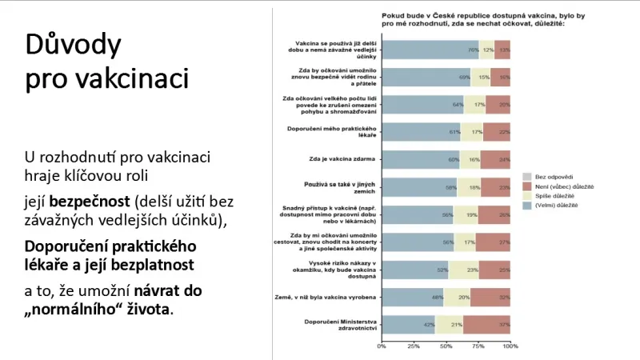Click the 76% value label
point(473,50)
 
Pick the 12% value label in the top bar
point(487,50)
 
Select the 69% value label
point(464,78)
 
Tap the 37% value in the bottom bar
point(503,325)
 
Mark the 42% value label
point(430,325)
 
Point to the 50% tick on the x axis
point(446,346)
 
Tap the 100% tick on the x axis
point(509,346)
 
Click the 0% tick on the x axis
point(382,346)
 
